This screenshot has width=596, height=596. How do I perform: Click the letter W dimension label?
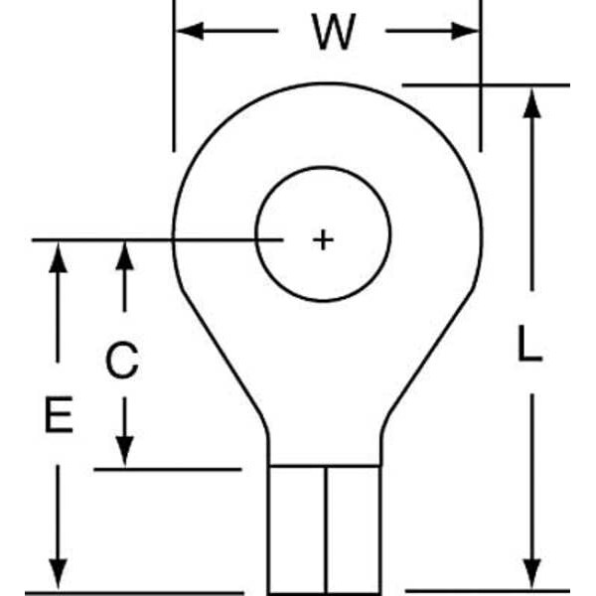click(333, 33)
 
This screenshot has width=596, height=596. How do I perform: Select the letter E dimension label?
click(59, 415)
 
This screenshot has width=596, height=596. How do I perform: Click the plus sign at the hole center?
click(323, 239)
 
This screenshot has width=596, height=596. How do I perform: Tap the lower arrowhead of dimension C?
click(124, 452)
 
